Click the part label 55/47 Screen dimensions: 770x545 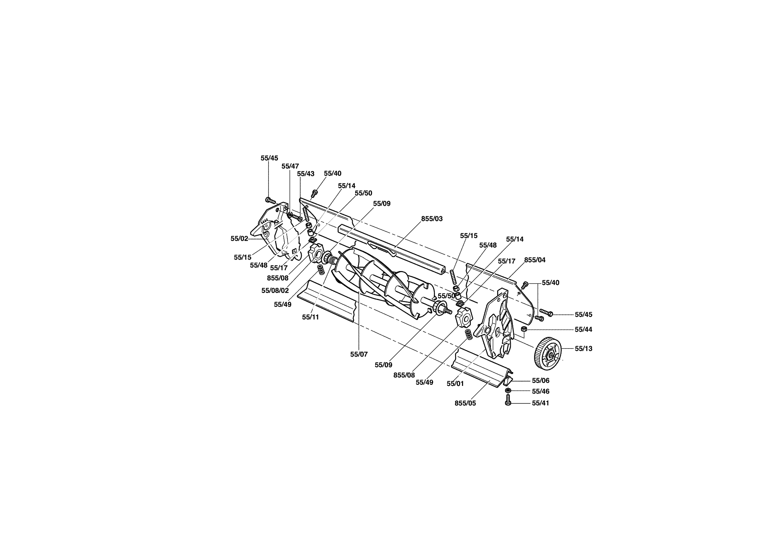point(290,166)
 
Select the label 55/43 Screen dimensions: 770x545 point(305,174)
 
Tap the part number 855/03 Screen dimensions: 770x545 point(432,219)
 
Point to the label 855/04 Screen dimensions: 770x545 point(535,260)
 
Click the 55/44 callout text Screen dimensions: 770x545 point(583,330)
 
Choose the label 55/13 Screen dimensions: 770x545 point(583,349)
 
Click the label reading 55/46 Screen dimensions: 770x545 point(541,391)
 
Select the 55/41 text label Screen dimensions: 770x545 point(541,403)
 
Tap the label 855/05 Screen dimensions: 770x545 point(465,403)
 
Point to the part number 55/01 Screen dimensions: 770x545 point(455,384)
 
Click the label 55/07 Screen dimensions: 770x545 point(359,354)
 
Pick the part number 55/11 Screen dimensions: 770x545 point(311,317)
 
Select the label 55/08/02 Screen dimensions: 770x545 point(275,291)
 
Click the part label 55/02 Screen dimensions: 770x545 point(239,238)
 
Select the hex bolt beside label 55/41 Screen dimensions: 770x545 point(508,402)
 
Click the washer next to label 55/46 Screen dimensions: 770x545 point(508,391)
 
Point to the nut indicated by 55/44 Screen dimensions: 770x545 point(523,329)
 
